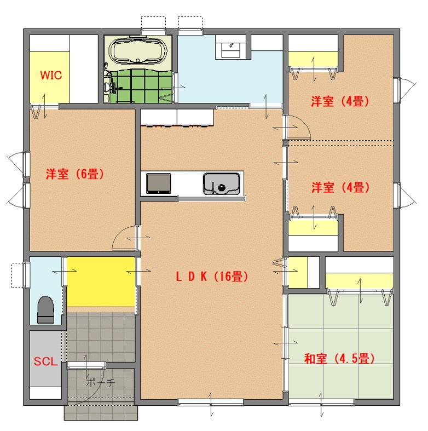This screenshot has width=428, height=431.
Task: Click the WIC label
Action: coord(51,75)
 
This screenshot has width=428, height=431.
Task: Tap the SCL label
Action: coord(45,361)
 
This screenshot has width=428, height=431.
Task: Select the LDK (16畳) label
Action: coord(212,276)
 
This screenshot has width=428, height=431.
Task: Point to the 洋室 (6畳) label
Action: coord(75,174)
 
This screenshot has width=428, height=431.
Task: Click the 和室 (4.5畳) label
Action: coord(339,358)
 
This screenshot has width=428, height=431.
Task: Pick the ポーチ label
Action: coord(101,382)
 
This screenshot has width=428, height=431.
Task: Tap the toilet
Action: coord(45,310)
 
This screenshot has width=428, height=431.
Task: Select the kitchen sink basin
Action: coord(222,183)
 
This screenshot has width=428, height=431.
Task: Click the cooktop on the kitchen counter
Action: coord(159,183)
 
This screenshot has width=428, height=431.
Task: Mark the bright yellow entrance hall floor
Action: coord(101,281)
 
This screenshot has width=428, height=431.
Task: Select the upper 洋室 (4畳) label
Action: coord(340,101)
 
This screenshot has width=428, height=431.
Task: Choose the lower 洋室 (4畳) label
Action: coord(340,187)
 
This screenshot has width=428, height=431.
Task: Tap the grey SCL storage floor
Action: coord(45,359)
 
